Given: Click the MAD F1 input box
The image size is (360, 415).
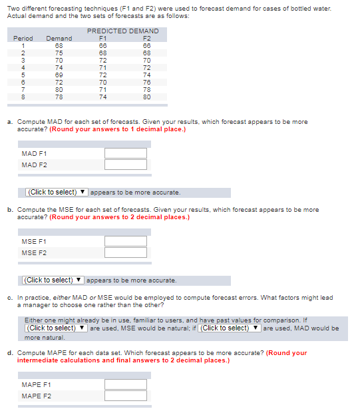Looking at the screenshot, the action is [125, 153].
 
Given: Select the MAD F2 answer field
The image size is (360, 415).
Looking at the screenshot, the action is [125, 165].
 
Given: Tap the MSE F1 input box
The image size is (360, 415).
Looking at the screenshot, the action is [125, 241].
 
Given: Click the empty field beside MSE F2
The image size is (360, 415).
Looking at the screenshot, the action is [125, 252].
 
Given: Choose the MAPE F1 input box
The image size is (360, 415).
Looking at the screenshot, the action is [125, 384].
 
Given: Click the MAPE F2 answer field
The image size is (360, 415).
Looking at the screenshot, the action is [125, 396].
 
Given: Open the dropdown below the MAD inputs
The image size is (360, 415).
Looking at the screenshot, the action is [57, 193].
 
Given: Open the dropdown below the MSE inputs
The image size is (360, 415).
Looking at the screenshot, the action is [54, 280].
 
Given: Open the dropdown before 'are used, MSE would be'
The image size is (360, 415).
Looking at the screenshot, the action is [56, 328].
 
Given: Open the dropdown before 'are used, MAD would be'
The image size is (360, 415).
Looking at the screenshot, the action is [230, 328].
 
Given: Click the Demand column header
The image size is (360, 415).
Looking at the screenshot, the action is [59, 39].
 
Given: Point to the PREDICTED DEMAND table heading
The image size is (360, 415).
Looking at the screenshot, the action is [122, 31].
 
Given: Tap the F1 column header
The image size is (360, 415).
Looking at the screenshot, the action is [102, 39].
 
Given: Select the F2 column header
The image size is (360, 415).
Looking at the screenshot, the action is [147, 39].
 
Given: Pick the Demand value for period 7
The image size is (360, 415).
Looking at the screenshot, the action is [59, 89].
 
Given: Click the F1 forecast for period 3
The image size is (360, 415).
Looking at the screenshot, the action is [102, 60].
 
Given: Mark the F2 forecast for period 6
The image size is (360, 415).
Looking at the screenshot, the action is [147, 82].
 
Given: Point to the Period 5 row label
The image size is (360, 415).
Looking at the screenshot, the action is [23, 75].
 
